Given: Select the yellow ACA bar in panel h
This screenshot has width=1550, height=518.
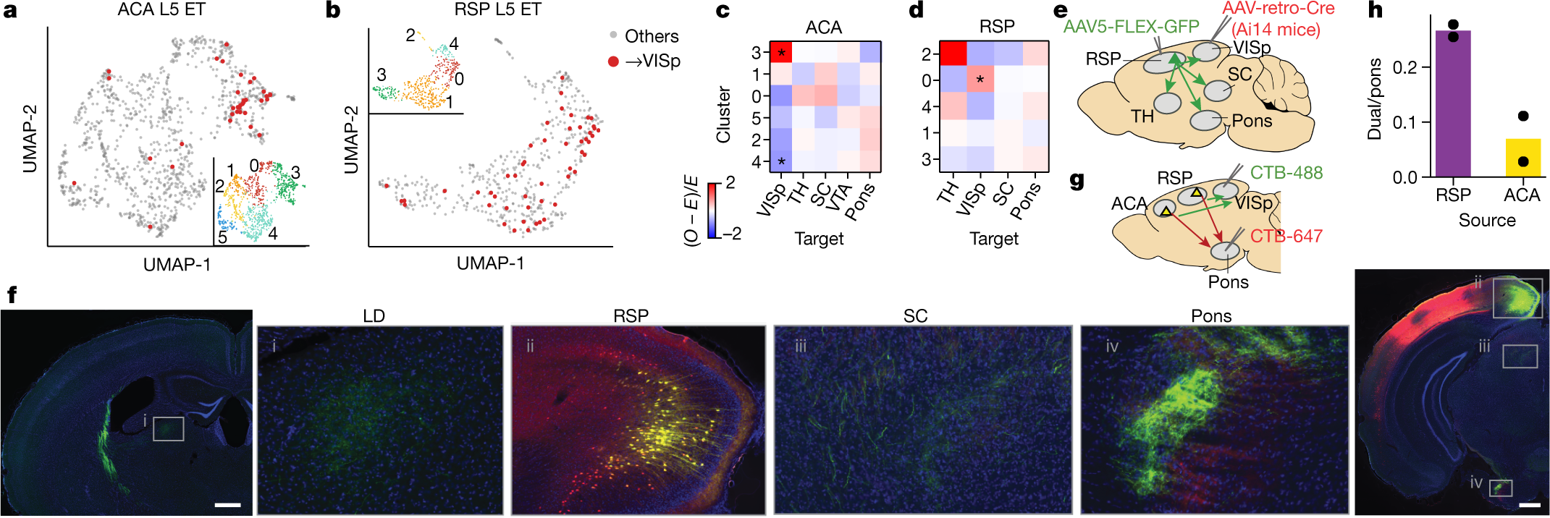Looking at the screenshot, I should point(1522,158).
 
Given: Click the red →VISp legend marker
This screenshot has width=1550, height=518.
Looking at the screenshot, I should point(613,61).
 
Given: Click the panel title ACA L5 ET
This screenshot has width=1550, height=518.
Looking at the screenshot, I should point(161,9).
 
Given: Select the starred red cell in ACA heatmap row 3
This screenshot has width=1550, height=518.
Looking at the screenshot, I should point(781,53).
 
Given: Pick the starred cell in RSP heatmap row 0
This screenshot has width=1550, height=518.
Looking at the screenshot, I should point(980,80).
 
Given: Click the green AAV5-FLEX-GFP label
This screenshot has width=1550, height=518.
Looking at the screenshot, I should point(1131,27).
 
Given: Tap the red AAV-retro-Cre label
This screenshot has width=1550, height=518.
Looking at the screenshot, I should point(1279,9).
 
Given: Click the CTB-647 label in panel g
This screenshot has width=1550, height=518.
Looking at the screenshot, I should point(1286,236).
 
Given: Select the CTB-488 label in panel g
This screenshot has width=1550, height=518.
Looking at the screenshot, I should point(1286,173).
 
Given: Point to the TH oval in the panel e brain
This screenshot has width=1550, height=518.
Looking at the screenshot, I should point(1167,103).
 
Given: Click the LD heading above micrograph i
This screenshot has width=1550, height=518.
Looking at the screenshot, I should point(374,316).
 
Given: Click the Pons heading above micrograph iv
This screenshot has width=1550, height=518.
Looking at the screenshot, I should point(1211,316).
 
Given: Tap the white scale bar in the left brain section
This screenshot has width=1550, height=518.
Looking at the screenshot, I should point(227,504).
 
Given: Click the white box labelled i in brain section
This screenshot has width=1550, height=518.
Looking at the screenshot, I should point(168,428).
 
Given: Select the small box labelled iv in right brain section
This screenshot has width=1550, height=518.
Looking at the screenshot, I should point(1501,488).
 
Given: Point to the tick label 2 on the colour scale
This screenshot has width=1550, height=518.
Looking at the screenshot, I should point(730,183).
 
